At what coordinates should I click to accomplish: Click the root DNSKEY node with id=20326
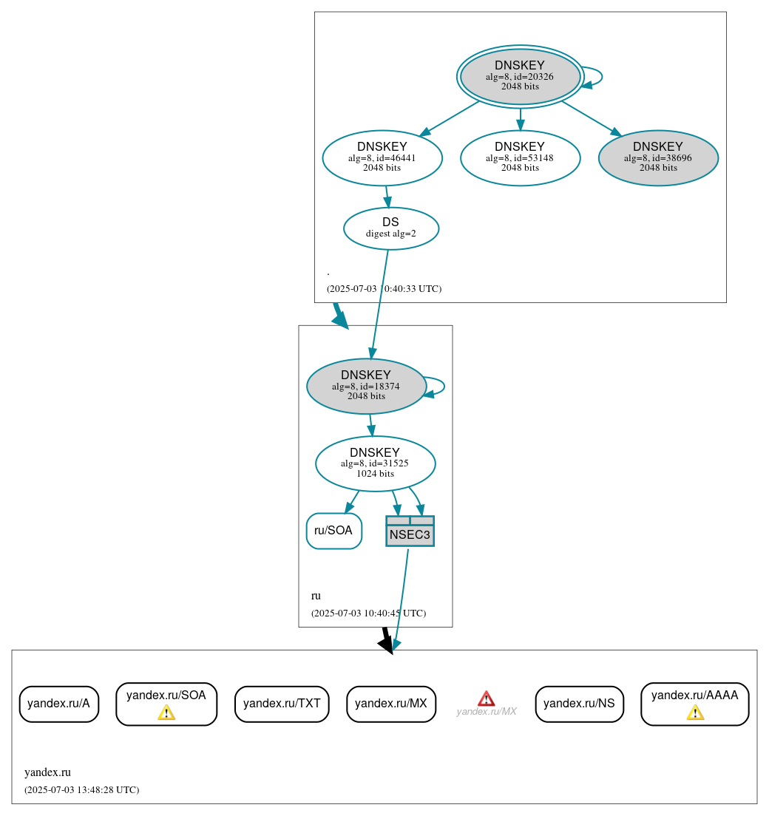tap(520, 76)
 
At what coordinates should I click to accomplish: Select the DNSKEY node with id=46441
tap(382, 157)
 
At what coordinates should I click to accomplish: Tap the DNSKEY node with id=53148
tap(520, 157)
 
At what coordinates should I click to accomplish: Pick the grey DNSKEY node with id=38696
tap(658, 157)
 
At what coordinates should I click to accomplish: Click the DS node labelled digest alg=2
tap(391, 228)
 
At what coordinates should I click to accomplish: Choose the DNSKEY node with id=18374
tap(366, 386)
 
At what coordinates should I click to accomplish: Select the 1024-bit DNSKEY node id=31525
tap(375, 463)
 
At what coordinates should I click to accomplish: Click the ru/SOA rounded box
tap(334, 531)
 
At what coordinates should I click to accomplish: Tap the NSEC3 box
tap(410, 531)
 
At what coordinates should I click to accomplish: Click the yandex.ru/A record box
tap(58, 704)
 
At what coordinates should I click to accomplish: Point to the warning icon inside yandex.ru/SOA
tap(166, 713)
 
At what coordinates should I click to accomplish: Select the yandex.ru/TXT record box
tap(282, 704)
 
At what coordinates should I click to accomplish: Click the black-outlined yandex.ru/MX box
tap(391, 704)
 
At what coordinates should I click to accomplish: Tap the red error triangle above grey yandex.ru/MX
tap(486, 698)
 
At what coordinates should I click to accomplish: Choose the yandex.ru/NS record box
tap(579, 704)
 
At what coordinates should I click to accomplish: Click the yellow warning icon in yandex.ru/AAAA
tap(695, 713)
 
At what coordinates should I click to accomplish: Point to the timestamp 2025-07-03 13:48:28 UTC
tap(81, 790)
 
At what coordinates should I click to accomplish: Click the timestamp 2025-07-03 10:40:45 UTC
tap(368, 613)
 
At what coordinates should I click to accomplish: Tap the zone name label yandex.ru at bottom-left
tap(47, 772)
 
